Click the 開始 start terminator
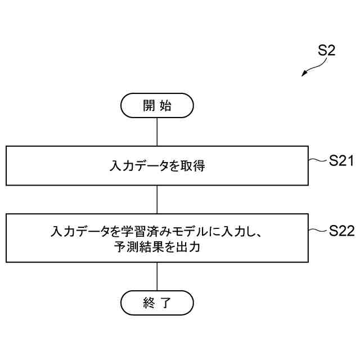click(x=157, y=106)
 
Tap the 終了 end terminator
click(x=157, y=304)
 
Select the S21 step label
click(x=341, y=161)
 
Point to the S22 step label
click(x=341, y=231)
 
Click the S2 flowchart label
click(x=326, y=51)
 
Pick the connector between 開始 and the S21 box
click(x=157, y=132)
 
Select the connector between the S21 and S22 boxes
click(x=157, y=199)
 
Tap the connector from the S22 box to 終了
click(x=157, y=277)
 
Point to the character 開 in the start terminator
click(x=148, y=106)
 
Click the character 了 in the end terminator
click(x=165, y=304)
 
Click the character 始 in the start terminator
click(x=165, y=106)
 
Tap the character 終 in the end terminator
click(x=148, y=304)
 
